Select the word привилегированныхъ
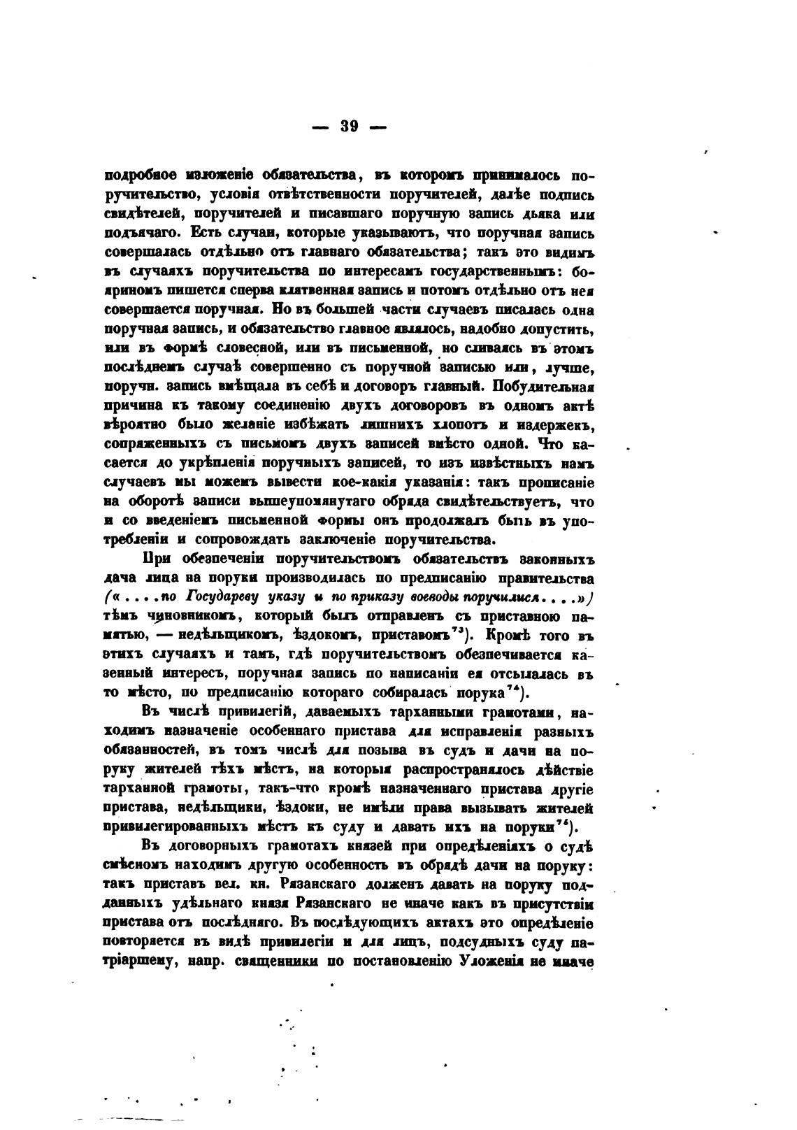click(x=175, y=827)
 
